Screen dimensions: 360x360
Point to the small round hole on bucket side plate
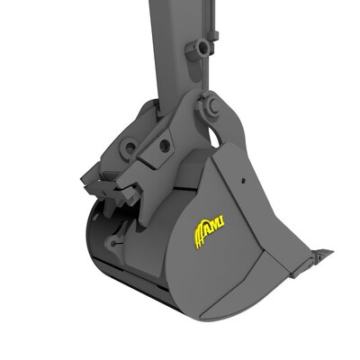(x=243, y=179)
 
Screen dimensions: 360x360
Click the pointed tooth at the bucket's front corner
(x=319, y=255)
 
